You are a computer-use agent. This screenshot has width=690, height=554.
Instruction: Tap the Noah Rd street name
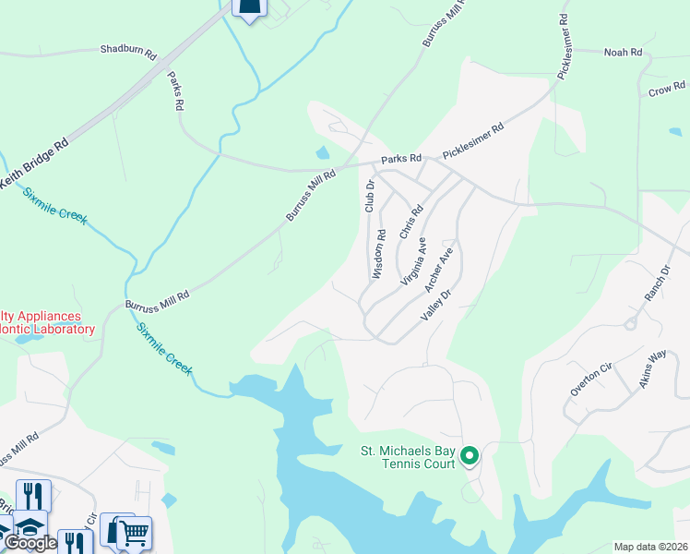[x=623, y=53]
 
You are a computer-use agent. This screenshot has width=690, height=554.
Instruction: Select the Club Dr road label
[x=370, y=196]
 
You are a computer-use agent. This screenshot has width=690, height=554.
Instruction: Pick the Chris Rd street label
[x=410, y=222]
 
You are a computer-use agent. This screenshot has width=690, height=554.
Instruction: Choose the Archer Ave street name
[x=439, y=269]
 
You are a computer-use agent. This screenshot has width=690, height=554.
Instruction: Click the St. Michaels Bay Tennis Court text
[x=407, y=457]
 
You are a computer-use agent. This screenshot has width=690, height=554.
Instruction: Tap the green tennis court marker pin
[x=470, y=455]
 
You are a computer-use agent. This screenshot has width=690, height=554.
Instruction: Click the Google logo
[x=30, y=543]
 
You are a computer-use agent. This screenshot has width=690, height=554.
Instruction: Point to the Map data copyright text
[x=651, y=547]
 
